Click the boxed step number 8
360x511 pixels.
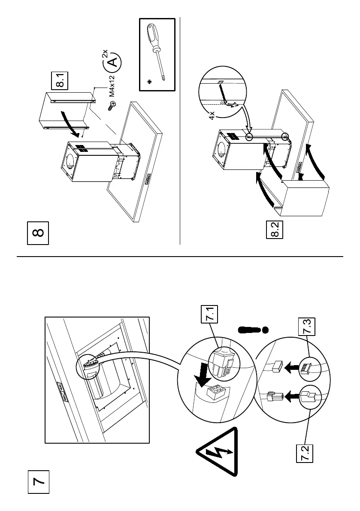point(38,233)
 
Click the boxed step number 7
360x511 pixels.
point(38,482)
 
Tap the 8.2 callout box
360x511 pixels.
point(275,230)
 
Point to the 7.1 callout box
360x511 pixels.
point(209,314)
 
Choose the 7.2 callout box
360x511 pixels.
point(305,453)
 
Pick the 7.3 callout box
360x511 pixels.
point(306,326)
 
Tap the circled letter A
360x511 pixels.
point(112,62)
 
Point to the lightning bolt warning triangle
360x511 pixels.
point(217,452)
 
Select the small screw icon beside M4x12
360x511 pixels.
point(112,105)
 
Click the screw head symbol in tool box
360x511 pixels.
point(150,81)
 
